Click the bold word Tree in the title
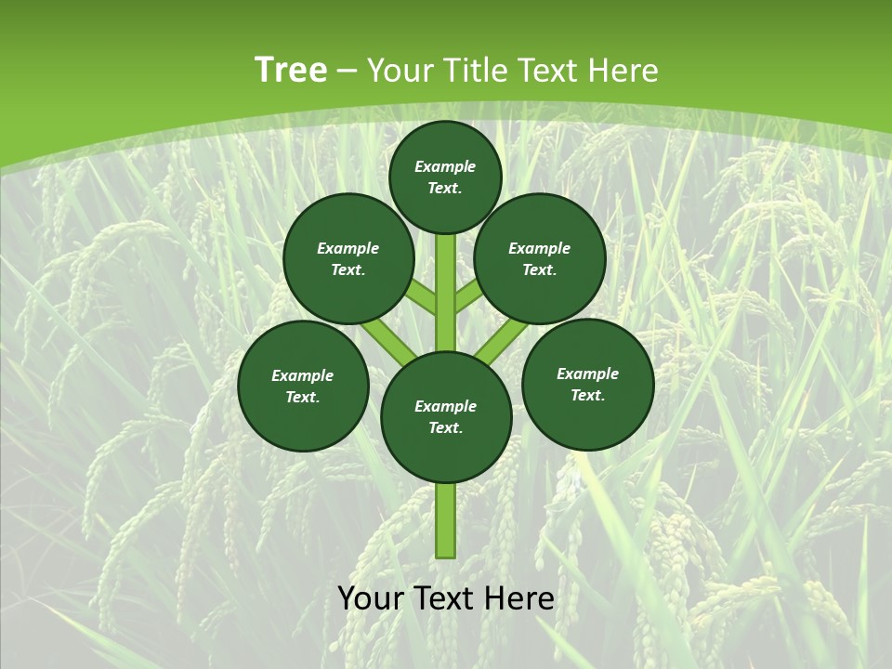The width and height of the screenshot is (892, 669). (x=291, y=71)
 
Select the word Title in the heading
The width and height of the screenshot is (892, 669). (x=474, y=71)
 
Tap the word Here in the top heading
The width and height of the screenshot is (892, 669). (x=622, y=71)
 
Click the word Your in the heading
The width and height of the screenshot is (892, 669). (x=400, y=71)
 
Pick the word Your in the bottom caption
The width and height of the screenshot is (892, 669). (x=370, y=598)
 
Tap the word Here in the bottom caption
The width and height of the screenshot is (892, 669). (x=518, y=598)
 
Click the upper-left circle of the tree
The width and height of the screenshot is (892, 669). (x=348, y=258)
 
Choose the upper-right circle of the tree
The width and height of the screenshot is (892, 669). (x=540, y=258)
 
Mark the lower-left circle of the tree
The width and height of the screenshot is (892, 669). (x=303, y=386)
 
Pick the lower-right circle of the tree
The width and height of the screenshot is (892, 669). (x=587, y=384)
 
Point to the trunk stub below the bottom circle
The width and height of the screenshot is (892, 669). (x=446, y=520)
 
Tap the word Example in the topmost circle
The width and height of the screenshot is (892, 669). (x=445, y=166)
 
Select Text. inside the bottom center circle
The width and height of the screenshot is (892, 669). (x=445, y=427)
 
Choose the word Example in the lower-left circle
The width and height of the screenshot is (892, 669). (x=302, y=375)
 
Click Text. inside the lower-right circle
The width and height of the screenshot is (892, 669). (x=587, y=395)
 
